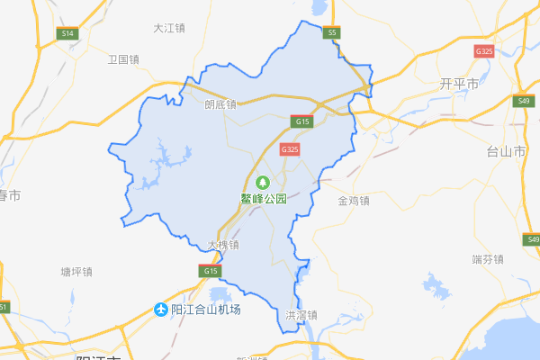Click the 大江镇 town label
click(x=168, y=28)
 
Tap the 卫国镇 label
click(x=123, y=59)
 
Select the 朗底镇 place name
click(x=220, y=103)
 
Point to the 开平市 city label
click(x=459, y=83)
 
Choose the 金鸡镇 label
click(x=354, y=200)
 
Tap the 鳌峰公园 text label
click(x=263, y=199)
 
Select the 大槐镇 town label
click(x=222, y=244)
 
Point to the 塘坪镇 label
click(x=76, y=271)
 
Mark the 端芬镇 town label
click(x=487, y=259)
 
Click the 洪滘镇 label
click(x=301, y=316)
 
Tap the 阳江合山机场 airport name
click(x=206, y=310)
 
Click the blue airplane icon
click(x=162, y=310)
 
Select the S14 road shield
click(x=67, y=33)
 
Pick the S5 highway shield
click(x=333, y=32)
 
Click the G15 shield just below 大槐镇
click(x=211, y=270)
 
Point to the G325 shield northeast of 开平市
click(x=484, y=51)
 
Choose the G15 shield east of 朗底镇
click(x=301, y=120)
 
